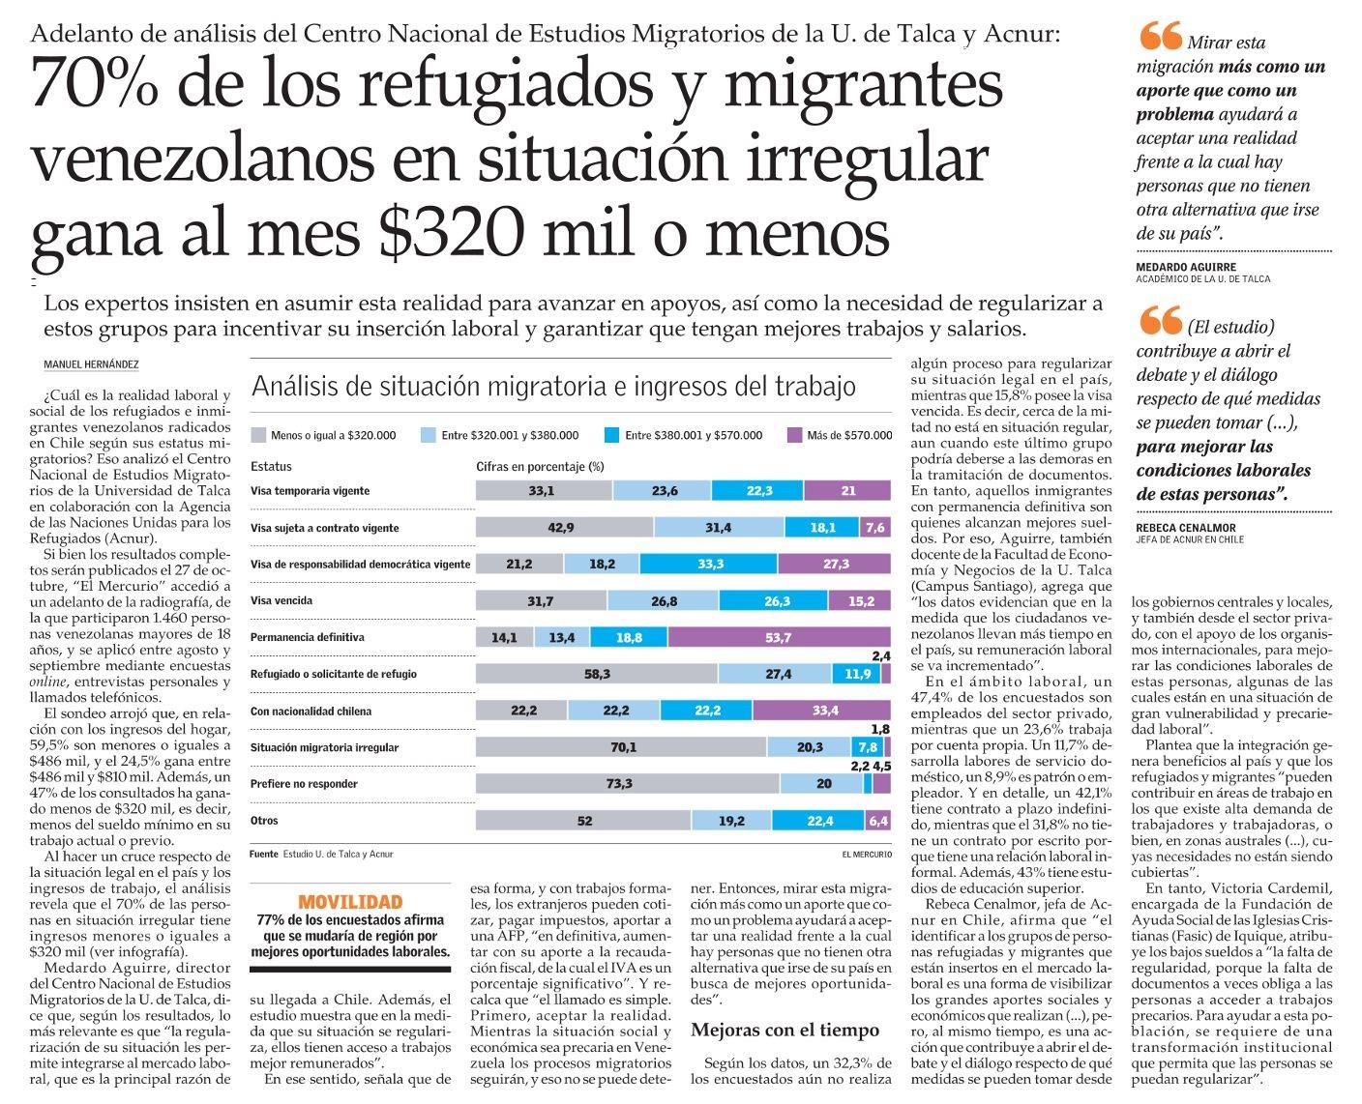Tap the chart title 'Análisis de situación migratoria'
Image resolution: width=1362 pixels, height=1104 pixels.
tap(553, 387)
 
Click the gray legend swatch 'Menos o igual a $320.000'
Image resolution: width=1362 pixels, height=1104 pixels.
tap(257, 435)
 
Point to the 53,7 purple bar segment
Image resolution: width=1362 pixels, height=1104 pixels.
tap(778, 638)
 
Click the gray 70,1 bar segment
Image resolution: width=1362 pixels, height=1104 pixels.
tap(623, 747)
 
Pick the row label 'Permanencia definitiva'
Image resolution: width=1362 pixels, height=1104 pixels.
tap(307, 638)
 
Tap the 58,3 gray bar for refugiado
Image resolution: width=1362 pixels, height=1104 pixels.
tap(597, 675)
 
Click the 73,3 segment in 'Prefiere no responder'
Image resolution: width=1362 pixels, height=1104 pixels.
tap(619, 784)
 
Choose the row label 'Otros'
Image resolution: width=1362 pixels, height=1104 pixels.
tap(264, 821)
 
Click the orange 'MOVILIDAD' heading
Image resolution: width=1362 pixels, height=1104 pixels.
tap(350, 901)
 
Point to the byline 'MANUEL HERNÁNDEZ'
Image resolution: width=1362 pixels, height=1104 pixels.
tap(92, 364)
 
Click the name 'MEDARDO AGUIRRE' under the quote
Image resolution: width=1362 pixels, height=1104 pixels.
tap(1186, 267)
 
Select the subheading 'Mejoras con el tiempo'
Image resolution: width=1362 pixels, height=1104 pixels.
tap(785, 1030)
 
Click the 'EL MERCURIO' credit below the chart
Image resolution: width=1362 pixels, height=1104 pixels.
tap(867, 855)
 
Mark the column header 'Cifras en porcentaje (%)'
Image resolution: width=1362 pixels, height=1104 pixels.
tap(540, 466)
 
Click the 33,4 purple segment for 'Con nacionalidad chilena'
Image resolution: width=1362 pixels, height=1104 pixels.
tap(821, 712)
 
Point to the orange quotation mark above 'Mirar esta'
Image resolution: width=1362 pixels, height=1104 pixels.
tap(1160, 37)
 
